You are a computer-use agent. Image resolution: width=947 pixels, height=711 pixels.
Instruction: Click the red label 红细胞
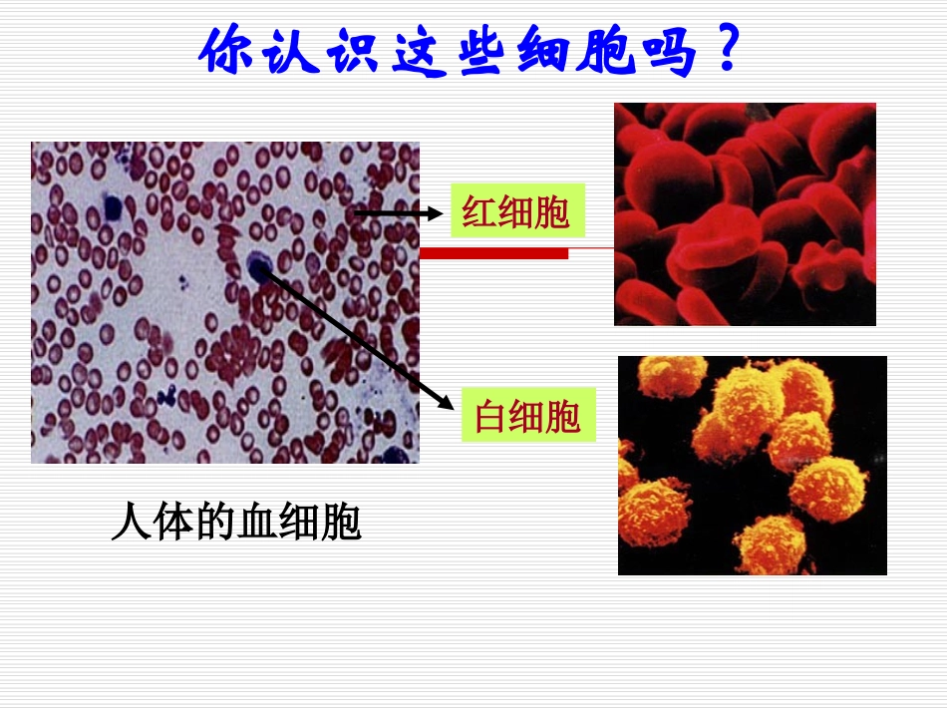[x=515, y=211]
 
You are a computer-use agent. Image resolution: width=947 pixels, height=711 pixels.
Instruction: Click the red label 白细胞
[x=527, y=415]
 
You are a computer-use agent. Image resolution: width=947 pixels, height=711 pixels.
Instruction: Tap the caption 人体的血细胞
[x=235, y=523]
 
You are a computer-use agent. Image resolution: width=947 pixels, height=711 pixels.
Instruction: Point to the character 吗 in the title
[x=667, y=52]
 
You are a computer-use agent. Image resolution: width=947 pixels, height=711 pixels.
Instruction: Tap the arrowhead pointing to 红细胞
[x=437, y=212]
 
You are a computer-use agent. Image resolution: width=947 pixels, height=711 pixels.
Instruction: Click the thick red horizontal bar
[x=493, y=253]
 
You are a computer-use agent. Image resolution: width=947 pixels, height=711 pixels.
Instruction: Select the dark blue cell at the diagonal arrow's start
[x=258, y=266]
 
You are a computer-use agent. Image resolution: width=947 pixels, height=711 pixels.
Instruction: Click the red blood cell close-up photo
[x=745, y=214]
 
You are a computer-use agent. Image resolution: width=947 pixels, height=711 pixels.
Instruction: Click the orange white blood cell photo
[x=752, y=465]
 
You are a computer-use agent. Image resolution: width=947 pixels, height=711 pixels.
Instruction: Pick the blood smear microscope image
[x=224, y=302]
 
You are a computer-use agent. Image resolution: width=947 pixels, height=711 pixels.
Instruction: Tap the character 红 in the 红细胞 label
[x=478, y=211]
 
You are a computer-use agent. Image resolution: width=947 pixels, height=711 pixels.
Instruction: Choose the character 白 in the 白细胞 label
[x=491, y=415]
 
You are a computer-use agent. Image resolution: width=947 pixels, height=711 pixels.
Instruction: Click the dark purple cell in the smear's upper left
[x=111, y=207]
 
